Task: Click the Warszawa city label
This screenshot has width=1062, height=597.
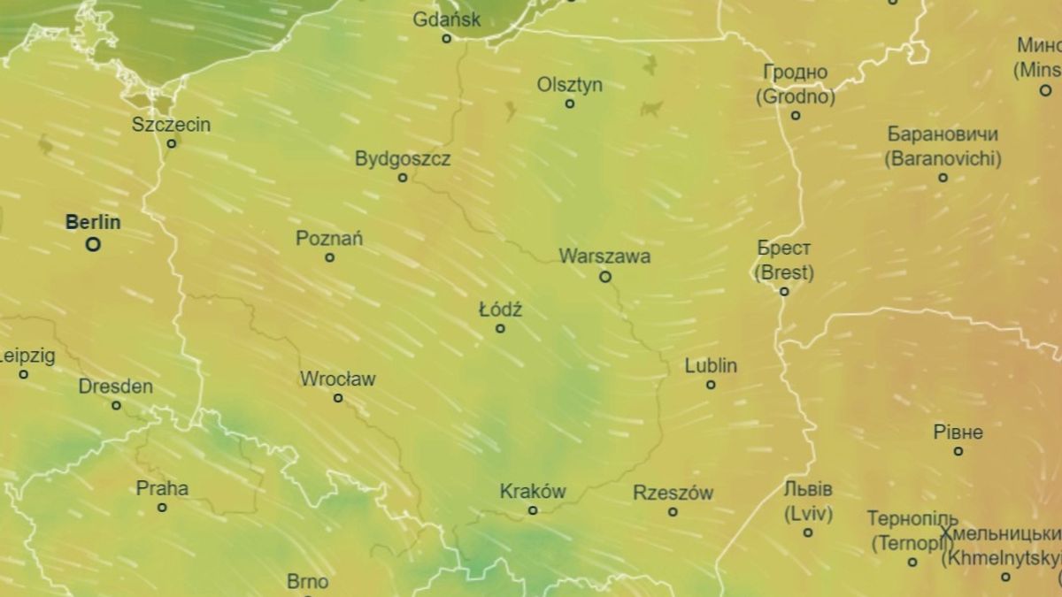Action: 604,256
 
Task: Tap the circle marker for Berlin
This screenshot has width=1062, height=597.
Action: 93,244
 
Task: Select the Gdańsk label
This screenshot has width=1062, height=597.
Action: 447,19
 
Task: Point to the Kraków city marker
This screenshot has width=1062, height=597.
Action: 533,510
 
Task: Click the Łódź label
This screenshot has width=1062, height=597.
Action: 500,310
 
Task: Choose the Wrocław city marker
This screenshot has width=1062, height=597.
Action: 338,398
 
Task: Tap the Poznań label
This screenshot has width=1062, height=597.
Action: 329,238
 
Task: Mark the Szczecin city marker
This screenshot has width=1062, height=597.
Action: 172,142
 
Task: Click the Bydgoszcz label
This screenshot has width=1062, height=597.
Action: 403,159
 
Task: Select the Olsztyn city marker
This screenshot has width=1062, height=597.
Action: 570,103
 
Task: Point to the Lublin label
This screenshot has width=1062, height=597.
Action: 711,365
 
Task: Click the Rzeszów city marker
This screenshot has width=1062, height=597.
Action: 673,511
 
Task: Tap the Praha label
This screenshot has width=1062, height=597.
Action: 162,487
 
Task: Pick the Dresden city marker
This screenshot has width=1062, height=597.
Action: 116,405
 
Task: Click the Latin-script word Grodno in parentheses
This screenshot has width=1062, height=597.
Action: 796,96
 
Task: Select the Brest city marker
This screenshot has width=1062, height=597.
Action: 784,291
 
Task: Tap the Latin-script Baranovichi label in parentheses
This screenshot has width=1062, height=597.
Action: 943,159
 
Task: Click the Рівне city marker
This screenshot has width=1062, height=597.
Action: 958,451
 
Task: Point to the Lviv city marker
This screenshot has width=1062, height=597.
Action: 808,532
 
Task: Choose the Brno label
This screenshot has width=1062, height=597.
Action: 308,582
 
